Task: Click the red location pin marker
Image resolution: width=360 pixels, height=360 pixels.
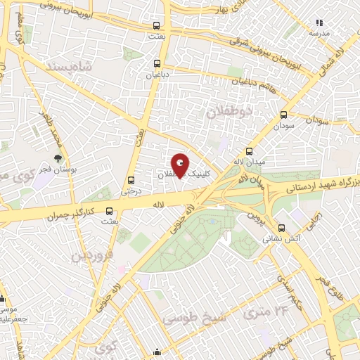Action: pos(181,166)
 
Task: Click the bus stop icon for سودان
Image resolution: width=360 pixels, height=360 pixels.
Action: pos(284,115)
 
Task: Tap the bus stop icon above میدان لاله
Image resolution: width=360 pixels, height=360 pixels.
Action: pos(249,151)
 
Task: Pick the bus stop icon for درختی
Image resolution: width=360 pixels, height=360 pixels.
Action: pos(131,179)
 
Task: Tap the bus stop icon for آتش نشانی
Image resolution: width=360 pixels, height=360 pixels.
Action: pos(282,228)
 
